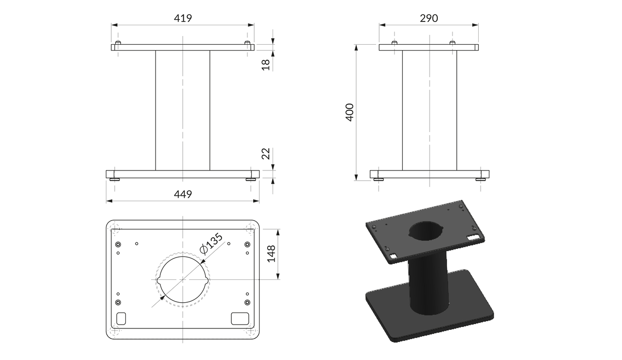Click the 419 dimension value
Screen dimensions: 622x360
[183, 18]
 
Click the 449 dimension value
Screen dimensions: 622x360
[183, 194]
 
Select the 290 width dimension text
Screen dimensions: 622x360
[429, 18]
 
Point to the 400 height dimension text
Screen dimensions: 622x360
[349, 112]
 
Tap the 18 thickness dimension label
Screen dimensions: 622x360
[266, 65]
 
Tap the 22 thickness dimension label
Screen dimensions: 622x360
[266, 154]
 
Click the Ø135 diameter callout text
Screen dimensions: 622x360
[211, 243]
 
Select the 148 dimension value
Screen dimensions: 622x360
[271, 254]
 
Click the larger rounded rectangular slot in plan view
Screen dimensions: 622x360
[240, 318]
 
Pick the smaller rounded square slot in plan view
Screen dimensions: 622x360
[121, 318]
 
